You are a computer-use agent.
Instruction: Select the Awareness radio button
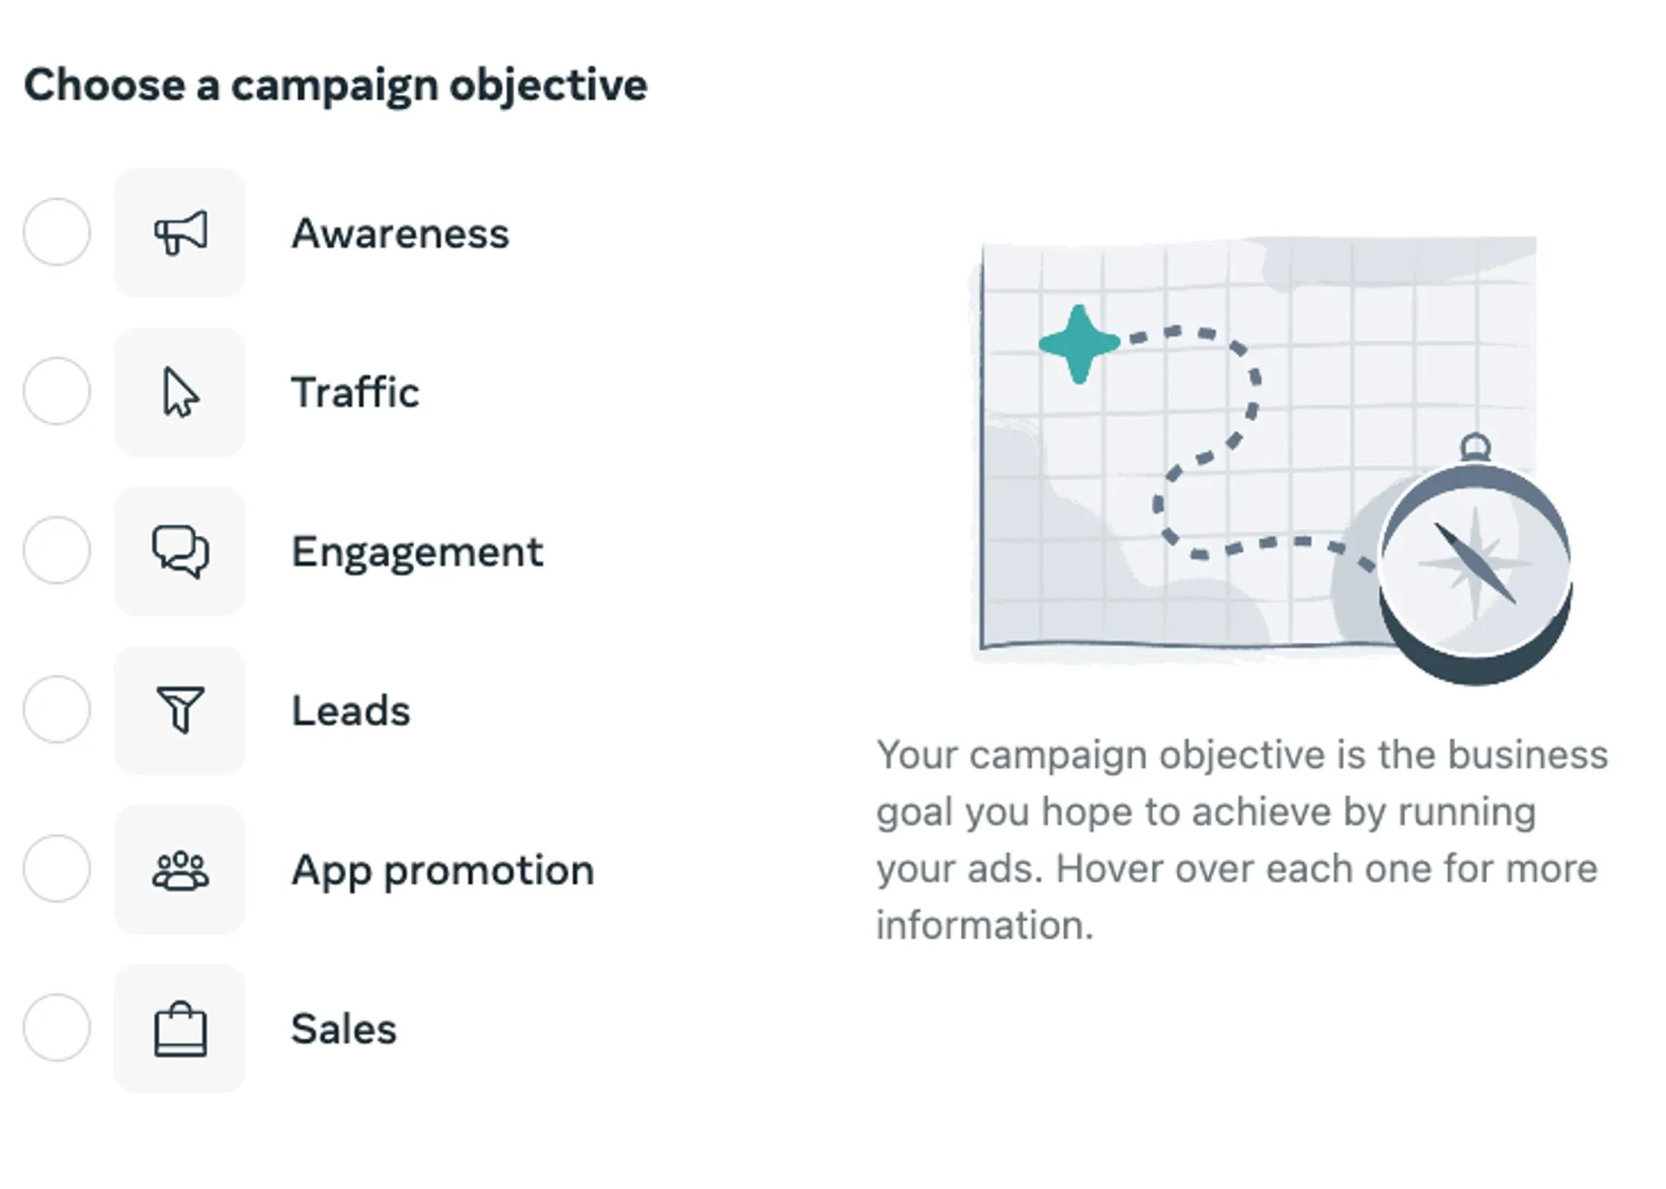tap(57, 232)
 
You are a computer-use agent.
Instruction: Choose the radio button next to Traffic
tap(57, 391)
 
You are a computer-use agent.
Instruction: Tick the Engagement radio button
tap(57, 550)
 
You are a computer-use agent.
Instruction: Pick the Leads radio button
tap(57, 709)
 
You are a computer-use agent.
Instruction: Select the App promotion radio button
tap(57, 868)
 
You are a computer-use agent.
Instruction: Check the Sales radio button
tap(57, 1027)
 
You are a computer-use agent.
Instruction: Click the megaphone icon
tap(180, 233)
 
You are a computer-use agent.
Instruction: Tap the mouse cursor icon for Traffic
tap(180, 392)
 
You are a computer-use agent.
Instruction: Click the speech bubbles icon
tap(180, 551)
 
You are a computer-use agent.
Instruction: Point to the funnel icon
tap(180, 710)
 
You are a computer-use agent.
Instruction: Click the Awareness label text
tap(400, 233)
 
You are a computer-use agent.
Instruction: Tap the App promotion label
tap(442, 869)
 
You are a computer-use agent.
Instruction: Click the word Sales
tap(343, 1029)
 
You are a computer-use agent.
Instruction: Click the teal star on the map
tap(1079, 343)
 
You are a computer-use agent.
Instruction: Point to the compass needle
tap(1475, 563)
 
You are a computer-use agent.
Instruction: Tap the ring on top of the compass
tap(1475, 447)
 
